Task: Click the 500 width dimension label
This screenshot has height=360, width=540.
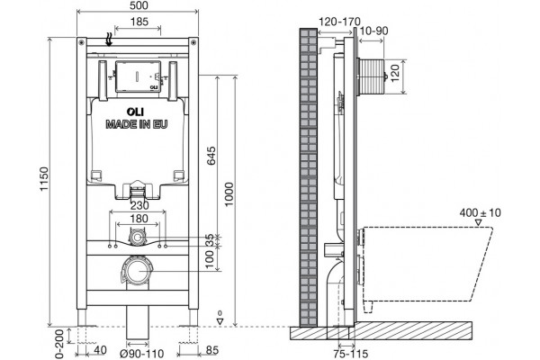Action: pyautogui.click(x=139, y=5)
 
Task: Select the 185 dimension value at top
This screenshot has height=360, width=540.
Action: pyautogui.click(x=139, y=22)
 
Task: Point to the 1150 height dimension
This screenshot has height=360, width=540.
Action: pyautogui.click(x=44, y=179)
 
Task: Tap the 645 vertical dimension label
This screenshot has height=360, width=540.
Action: pyautogui.click(x=211, y=156)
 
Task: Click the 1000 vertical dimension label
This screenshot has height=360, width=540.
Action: pyautogui.click(x=229, y=194)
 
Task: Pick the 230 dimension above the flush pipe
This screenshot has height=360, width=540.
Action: pyautogui.click(x=139, y=205)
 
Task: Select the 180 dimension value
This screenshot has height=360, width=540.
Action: pyautogui.click(x=139, y=219)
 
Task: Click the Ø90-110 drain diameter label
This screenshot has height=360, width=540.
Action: pyautogui.click(x=141, y=354)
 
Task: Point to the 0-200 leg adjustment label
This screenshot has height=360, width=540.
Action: pyautogui.click(x=59, y=344)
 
